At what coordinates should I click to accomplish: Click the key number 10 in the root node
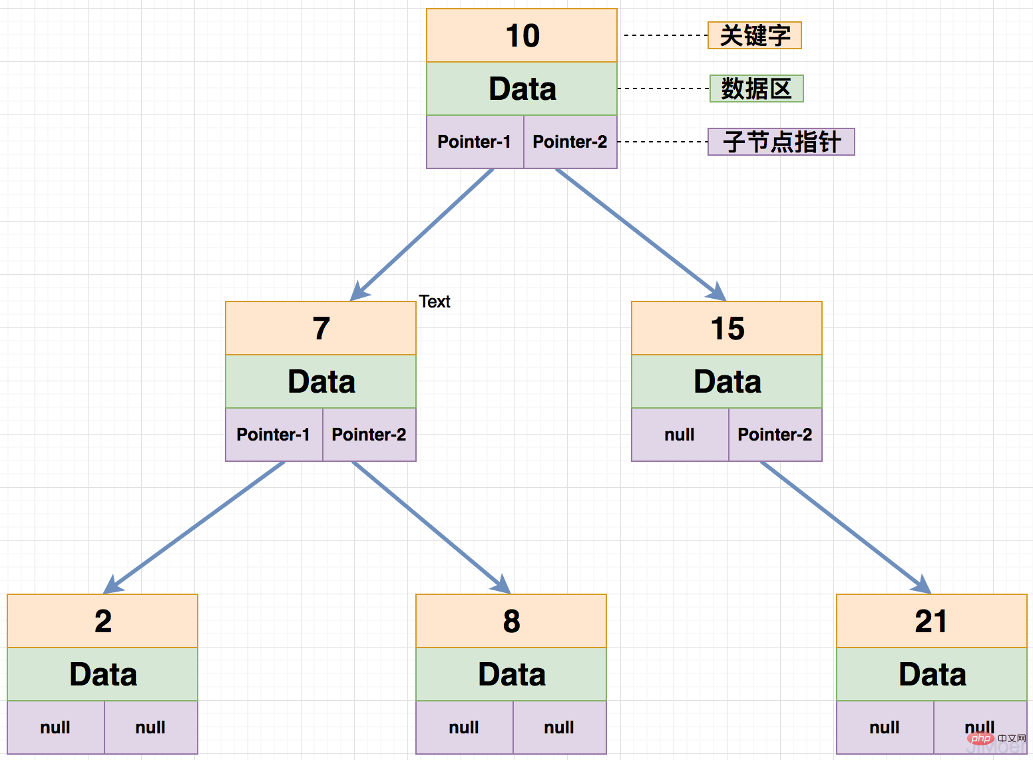click(x=522, y=36)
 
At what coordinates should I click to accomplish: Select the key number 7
click(x=321, y=329)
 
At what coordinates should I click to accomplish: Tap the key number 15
click(x=727, y=329)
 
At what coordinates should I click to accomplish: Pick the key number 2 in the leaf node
click(x=103, y=622)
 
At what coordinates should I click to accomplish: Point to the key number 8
click(x=511, y=622)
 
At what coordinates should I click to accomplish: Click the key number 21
click(x=931, y=622)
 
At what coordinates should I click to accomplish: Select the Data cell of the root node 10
click(x=522, y=89)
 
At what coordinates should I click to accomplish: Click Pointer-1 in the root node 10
click(x=475, y=142)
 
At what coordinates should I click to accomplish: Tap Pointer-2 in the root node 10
click(x=570, y=142)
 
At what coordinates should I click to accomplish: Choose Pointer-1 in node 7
click(x=274, y=435)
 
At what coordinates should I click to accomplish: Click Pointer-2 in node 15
click(x=775, y=435)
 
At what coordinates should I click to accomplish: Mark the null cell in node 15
click(x=680, y=435)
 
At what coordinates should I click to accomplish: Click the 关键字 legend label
click(x=755, y=35)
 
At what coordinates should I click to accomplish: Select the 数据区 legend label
click(x=757, y=89)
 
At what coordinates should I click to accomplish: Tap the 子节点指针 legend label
click(x=781, y=142)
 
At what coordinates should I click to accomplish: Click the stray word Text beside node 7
click(x=435, y=301)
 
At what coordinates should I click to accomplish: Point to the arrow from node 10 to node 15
click(x=639, y=234)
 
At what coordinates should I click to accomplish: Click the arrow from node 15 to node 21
click(x=845, y=526)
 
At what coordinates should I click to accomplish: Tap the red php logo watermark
click(x=980, y=738)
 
